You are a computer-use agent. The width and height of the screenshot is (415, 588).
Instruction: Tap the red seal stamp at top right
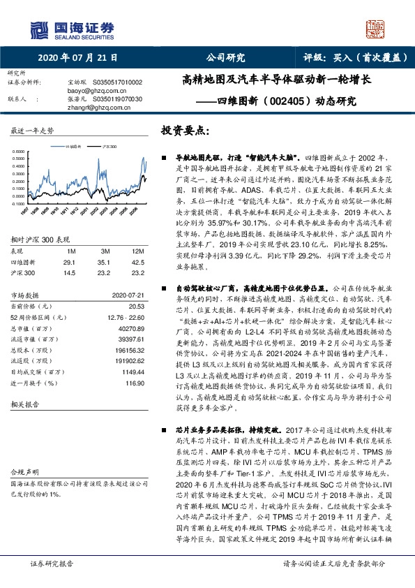[x=376, y=29]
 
